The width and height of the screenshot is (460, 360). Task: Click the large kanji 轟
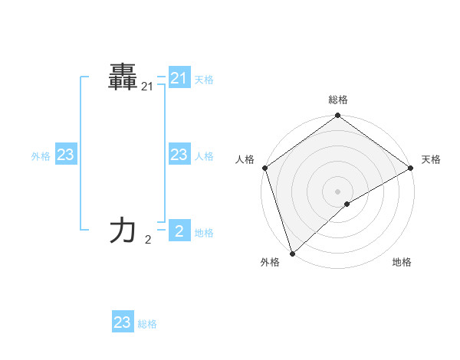pyautogui.click(x=123, y=78)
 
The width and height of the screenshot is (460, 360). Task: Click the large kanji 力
pyautogui.click(x=123, y=230)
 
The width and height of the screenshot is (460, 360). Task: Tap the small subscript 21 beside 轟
pyautogui.click(x=147, y=88)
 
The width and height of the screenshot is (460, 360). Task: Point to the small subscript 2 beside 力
pyautogui.click(x=148, y=240)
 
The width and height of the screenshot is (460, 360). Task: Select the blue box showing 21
pyautogui.click(x=179, y=78)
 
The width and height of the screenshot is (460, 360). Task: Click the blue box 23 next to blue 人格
pyautogui.click(x=179, y=155)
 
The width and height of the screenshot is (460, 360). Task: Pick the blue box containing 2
pyautogui.click(x=179, y=230)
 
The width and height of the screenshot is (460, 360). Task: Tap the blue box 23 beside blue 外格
pyautogui.click(x=66, y=155)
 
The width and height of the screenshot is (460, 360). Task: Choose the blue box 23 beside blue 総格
pyautogui.click(x=123, y=322)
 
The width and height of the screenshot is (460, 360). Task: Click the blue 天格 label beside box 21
pyautogui.click(x=204, y=79)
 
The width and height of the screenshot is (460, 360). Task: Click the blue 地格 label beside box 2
pyautogui.click(x=204, y=233)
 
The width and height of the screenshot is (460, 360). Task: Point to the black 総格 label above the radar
pyautogui.click(x=338, y=100)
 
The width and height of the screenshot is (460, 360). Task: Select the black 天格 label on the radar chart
pyautogui.click(x=431, y=159)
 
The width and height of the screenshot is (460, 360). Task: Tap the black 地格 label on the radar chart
pyautogui.click(x=402, y=262)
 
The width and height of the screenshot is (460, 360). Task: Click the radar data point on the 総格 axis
pyautogui.click(x=338, y=116)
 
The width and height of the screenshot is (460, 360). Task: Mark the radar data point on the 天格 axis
pyautogui.click(x=411, y=168)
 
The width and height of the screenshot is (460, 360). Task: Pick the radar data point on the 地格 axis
pyautogui.click(x=347, y=204)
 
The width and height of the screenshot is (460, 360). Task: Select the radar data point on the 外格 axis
pyautogui.click(x=292, y=254)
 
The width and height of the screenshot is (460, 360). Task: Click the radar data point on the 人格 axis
pyautogui.click(x=264, y=168)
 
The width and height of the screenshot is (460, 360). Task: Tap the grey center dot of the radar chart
pyautogui.click(x=338, y=191)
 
